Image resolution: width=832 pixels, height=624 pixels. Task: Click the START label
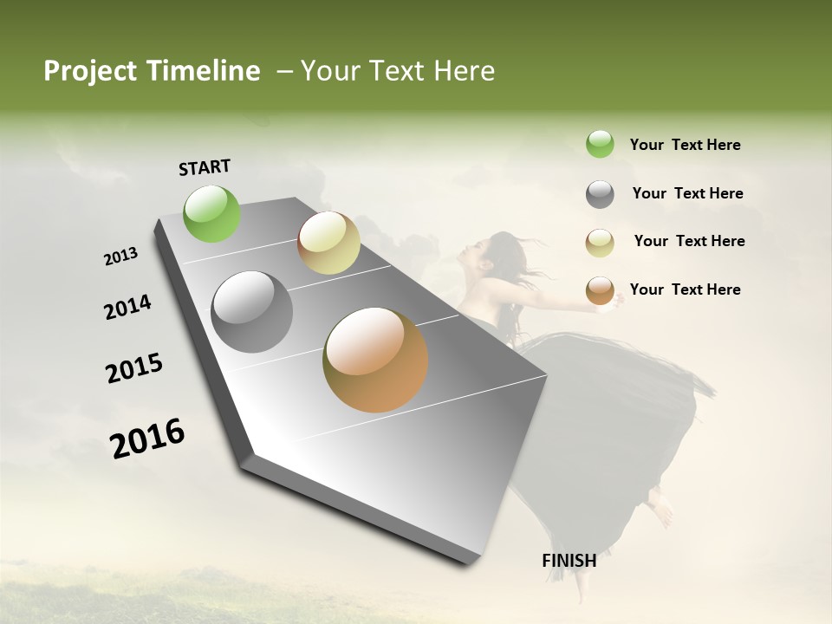coord(205,167)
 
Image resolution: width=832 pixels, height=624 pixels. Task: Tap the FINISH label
coord(569,561)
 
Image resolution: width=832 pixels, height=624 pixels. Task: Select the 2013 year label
coord(120,257)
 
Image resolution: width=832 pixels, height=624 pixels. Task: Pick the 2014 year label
coord(127,308)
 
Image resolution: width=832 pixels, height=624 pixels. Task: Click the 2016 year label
coord(147,439)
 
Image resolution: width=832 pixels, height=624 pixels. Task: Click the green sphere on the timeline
coord(212,213)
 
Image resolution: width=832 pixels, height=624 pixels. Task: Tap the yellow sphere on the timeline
coord(328,243)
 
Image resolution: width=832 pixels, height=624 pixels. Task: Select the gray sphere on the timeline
coord(251,312)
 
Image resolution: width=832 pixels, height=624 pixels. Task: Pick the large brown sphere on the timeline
coord(375,360)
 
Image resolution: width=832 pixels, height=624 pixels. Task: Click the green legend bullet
coord(600,144)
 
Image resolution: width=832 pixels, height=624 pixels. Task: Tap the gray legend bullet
coord(600,194)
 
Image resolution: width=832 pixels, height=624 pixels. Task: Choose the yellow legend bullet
coord(600,242)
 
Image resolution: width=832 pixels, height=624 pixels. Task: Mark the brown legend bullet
coord(600,290)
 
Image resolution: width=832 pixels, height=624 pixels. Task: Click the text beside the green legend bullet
coord(685,145)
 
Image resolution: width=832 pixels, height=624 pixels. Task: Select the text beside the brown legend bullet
coord(685,289)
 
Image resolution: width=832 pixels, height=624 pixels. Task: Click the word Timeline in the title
coord(204,71)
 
